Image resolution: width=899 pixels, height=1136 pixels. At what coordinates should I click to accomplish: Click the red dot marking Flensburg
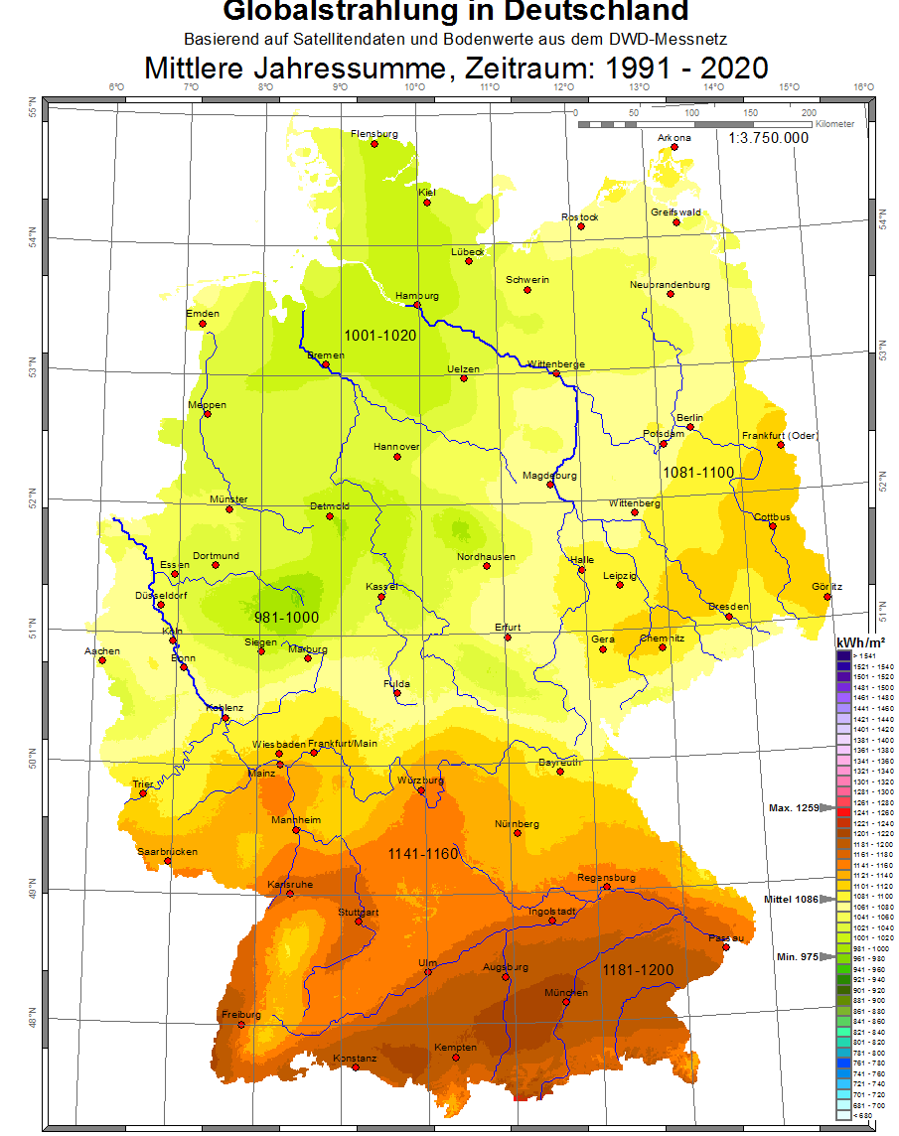(x=375, y=144)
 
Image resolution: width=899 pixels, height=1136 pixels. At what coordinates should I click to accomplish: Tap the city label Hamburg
(x=416, y=296)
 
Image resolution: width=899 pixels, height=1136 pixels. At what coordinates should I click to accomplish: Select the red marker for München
(x=566, y=1002)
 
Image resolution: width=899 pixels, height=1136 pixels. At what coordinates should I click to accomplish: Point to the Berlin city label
(x=688, y=417)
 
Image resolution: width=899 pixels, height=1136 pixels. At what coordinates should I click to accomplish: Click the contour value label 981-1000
(x=286, y=618)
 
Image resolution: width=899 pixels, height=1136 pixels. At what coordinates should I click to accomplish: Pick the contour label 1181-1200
(x=638, y=969)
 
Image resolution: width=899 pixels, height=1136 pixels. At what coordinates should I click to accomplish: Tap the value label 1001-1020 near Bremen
(x=379, y=336)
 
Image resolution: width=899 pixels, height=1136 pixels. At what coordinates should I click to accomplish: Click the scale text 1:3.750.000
(x=768, y=138)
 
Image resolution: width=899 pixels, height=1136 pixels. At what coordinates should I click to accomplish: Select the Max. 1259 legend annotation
(x=794, y=808)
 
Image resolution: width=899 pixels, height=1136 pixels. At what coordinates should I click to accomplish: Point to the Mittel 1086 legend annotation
(x=791, y=900)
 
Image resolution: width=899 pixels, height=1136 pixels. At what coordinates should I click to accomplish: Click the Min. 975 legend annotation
(x=796, y=956)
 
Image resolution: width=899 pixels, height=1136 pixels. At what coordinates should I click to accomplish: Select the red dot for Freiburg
(x=240, y=1025)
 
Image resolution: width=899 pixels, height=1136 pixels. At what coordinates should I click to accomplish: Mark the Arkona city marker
(x=674, y=148)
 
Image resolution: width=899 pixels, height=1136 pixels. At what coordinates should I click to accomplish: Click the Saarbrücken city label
(x=167, y=851)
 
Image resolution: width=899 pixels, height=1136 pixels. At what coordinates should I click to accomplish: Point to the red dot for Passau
(x=726, y=947)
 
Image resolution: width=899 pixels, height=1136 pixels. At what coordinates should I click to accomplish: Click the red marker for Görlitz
(x=826, y=597)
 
